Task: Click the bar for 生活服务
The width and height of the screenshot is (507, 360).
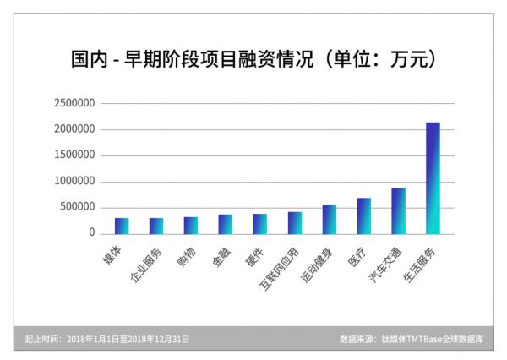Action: pyautogui.click(x=433, y=178)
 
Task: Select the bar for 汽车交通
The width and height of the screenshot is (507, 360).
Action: pyautogui.click(x=398, y=211)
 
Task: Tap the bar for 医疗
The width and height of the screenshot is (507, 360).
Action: pyautogui.click(x=363, y=216)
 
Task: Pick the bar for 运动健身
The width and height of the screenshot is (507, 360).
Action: pyautogui.click(x=329, y=220)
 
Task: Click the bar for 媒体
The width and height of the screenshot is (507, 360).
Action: pyautogui.click(x=122, y=226)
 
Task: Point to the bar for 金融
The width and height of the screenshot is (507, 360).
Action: pyautogui.click(x=225, y=224)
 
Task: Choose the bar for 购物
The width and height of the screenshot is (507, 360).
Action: pyautogui.click(x=191, y=226)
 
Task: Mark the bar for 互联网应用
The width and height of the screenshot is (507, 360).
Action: pyautogui.click(x=294, y=223)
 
